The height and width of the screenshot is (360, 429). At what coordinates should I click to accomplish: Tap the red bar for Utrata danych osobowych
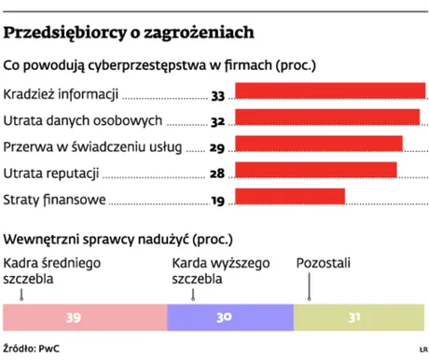click(x=328, y=118)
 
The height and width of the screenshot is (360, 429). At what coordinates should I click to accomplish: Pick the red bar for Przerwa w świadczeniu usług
click(x=319, y=144)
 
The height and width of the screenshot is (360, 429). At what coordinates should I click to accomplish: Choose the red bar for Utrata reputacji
click(x=316, y=170)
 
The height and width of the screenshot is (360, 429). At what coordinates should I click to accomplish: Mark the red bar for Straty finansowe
click(x=290, y=196)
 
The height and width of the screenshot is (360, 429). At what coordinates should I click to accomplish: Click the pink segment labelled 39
click(x=85, y=318)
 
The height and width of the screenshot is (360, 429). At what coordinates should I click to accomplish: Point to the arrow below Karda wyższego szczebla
click(x=193, y=296)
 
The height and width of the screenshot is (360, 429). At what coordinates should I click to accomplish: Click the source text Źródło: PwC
click(x=33, y=348)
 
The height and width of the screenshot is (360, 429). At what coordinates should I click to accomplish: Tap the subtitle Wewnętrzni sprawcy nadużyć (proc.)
click(x=118, y=238)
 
